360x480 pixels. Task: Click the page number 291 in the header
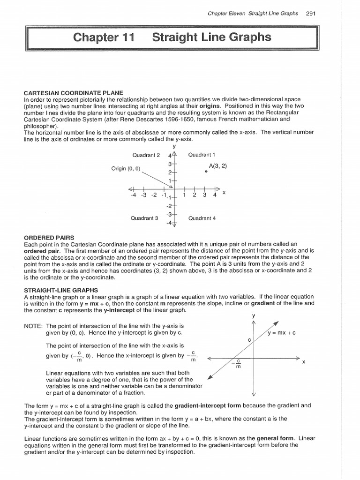(x=310, y=13)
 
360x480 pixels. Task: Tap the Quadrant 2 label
(x=146, y=155)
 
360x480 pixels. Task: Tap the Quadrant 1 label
(x=202, y=155)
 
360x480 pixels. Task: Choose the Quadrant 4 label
(x=202, y=218)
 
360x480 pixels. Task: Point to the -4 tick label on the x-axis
(x=134, y=195)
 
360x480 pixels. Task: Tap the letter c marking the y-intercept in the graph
(x=249, y=339)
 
